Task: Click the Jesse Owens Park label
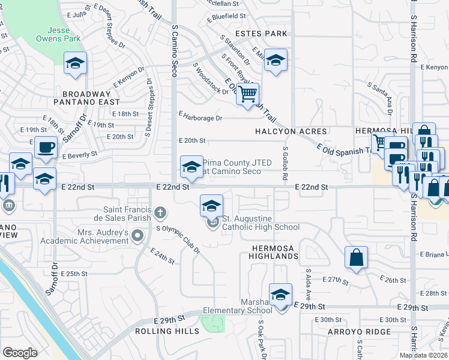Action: [67, 35]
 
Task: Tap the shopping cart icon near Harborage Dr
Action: [247, 94]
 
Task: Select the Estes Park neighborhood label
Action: [261, 34]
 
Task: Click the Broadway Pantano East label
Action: [87, 98]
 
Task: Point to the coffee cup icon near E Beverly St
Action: [46, 147]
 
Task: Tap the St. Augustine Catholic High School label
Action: [261, 223]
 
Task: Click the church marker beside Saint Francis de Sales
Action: [160, 212]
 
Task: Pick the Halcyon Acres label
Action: [291, 131]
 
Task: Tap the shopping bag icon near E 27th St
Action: [356, 257]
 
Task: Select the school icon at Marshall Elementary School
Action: [280, 295]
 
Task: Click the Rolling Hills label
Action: [167, 331]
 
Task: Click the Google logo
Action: [20, 352]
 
